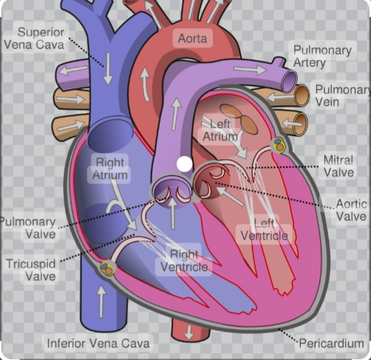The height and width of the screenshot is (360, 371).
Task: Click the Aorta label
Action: tap(192, 38)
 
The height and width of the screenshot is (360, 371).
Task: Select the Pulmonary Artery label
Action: tap(322, 56)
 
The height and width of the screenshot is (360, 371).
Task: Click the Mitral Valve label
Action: tap(338, 166)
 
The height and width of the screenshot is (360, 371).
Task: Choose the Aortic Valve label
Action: tap(351, 210)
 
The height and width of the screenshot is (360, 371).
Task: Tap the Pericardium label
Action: tap(331, 343)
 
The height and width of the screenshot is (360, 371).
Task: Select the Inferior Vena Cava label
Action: tap(98, 343)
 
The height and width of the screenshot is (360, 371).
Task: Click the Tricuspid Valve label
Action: tap(31, 270)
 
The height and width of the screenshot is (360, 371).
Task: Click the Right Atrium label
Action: tap(110, 169)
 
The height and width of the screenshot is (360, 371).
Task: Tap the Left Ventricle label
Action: tap(264, 229)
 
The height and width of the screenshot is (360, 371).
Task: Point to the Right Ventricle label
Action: tap(184, 261)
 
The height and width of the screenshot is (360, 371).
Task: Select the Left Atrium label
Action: tap(220, 130)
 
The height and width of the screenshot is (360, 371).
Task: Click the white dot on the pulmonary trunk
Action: tap(184, 164)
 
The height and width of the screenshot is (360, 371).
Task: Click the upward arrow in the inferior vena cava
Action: tap(101, 301)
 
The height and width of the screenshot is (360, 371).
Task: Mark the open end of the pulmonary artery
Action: tap(289, 82)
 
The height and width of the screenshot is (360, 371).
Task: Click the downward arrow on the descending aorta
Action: tap(188, 332)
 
